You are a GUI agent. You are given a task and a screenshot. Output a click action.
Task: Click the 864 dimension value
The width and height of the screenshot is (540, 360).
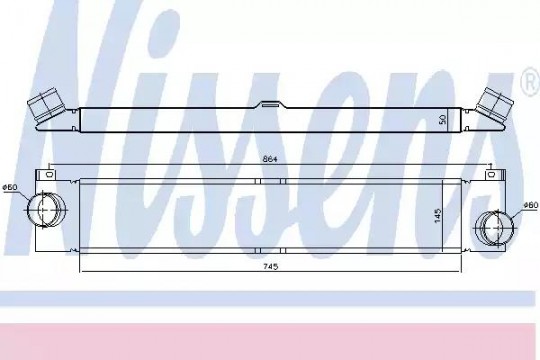(270, 159)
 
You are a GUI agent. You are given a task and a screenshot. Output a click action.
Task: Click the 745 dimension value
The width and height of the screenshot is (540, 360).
(270, 266)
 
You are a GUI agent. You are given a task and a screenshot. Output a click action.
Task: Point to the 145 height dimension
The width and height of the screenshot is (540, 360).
(438, 215)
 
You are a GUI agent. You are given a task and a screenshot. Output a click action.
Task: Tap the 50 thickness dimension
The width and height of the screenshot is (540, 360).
(443, 120)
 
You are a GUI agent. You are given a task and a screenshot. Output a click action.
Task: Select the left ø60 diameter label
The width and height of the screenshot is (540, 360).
(10, 187)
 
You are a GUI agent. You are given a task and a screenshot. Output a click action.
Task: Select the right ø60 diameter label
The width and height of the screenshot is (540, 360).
(530, 205)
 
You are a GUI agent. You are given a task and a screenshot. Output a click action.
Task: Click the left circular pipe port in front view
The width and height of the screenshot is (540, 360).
(46, 209)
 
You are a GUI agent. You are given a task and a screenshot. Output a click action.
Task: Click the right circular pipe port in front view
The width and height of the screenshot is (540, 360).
(495, 228)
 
